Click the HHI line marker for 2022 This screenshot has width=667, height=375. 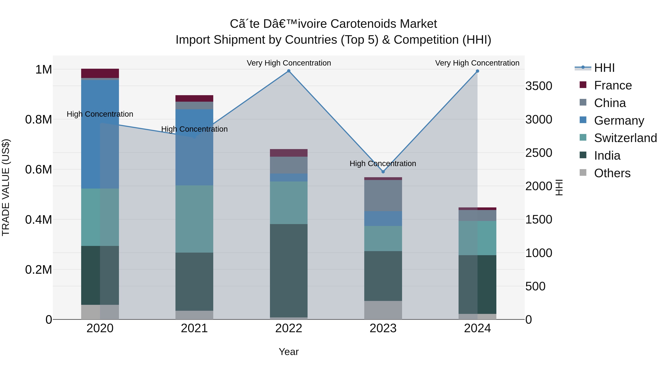coord(289,71)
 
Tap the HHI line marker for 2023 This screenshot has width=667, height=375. coord(383,172)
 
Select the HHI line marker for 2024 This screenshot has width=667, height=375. coord(477,71)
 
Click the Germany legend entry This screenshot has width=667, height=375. coord(619,121)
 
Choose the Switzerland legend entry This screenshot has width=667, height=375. coord(625,138)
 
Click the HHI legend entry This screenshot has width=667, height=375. coord(604,68)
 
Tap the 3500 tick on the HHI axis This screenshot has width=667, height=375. coord(539,86)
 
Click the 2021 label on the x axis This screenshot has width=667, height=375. coord(194,328)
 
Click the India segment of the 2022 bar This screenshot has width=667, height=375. coord(289,270)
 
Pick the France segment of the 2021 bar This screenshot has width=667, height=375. coord(194,98)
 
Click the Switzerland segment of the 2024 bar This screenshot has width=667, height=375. coord(477,238)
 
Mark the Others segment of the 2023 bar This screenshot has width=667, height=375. coord(383,310)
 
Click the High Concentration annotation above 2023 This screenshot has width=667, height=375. coord(383,164)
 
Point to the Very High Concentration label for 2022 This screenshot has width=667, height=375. coord(289,63)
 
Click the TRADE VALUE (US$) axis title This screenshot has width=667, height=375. coord(6,187)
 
